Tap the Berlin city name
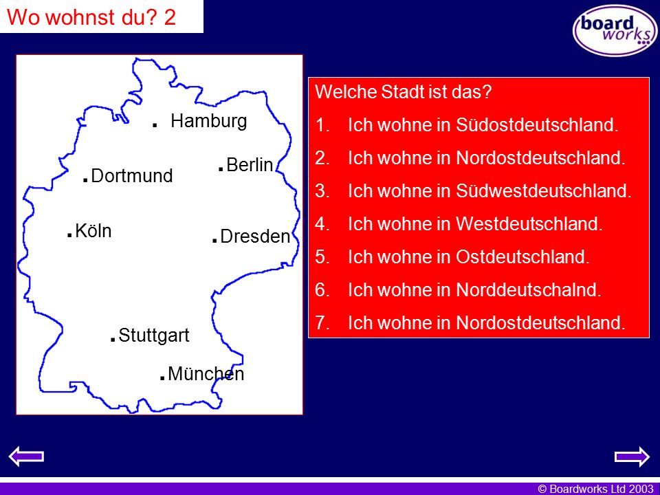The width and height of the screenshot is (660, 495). [x=250, y=164]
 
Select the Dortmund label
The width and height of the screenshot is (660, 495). [x=132, y=176]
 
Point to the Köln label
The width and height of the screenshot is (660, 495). [x=93, y=231]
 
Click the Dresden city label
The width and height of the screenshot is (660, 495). [x=255, y=236]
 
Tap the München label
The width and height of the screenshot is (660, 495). [x=206, y=374]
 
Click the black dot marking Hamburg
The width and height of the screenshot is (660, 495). [x=155, y=125]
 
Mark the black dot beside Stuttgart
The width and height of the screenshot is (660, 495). [x=113, y=339]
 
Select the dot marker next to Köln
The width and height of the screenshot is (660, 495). [x=69, y=235]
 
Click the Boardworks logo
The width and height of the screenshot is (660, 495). [x=615, y=30]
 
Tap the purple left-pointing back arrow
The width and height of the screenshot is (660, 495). [x=26, y=456]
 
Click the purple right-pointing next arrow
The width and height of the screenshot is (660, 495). [x=632, y=456]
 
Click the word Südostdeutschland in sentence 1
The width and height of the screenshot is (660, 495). [x=537, y=125]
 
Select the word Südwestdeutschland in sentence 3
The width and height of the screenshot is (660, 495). [x=544, y=191]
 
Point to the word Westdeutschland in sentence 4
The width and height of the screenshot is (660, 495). [x=529, y=224]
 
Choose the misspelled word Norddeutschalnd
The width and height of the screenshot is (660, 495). [x=529, y=290]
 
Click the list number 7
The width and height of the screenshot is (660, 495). [x=322, y=323]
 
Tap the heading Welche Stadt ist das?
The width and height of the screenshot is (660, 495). [x=404, y=92]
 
